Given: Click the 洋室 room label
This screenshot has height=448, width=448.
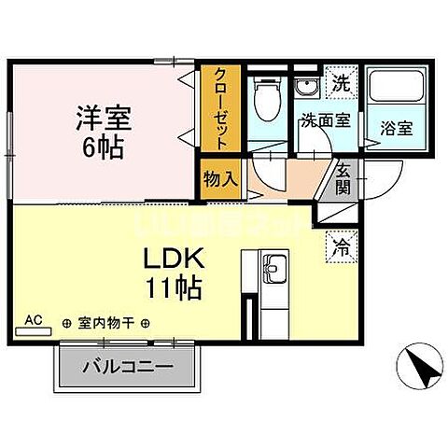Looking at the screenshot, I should (103, 119).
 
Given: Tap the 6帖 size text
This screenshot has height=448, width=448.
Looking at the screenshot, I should (103, 147).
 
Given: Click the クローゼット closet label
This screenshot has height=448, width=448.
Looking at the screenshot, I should (220, 109).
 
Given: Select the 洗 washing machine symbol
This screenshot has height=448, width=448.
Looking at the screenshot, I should (341, 83).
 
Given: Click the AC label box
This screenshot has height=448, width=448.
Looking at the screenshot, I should (34, 321).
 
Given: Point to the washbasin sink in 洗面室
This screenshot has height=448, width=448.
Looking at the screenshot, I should (306, 87).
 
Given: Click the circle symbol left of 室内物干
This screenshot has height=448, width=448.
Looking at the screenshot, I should (66, 323).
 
